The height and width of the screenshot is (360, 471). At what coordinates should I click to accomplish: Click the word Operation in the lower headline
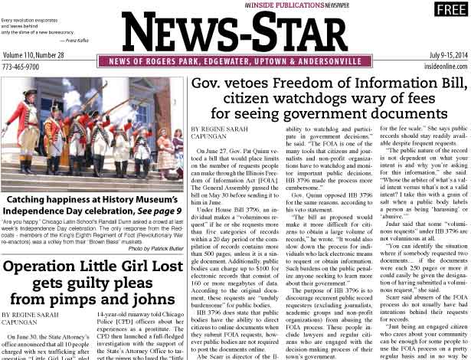(47, 267)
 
